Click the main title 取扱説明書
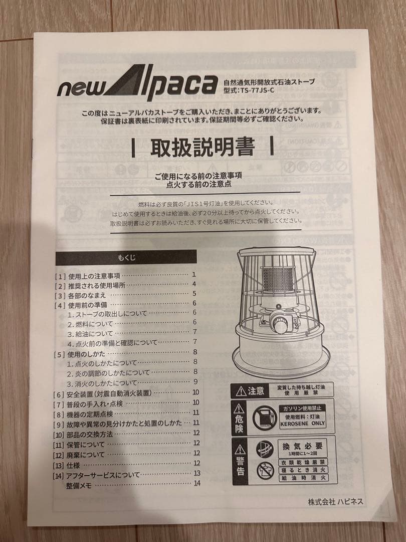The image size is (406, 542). click(202, 147)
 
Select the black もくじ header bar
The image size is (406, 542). click(126, 257)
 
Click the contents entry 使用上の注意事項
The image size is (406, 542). click(94, 276)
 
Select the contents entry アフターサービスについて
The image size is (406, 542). click(103, 474)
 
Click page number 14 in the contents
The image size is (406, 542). click(196, 483)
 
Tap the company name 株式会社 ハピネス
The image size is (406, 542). click(335, 501)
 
